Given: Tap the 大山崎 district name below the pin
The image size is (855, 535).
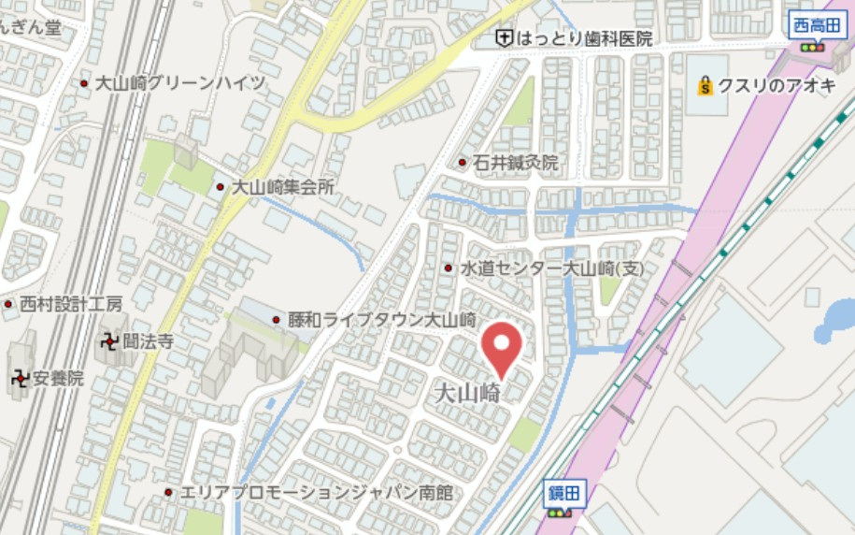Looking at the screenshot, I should tap(468, 391).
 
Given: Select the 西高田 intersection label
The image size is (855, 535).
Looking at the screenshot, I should tap(812, 25).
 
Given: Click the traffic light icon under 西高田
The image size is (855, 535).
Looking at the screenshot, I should tap(812, 47).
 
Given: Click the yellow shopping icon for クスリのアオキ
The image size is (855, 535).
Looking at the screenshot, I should tap(705, 87).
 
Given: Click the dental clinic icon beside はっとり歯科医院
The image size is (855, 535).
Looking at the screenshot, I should tap(504, 38).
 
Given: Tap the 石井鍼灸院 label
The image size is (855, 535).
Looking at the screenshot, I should tap(515, 163).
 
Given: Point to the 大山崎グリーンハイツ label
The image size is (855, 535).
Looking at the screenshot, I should tap(180, 83).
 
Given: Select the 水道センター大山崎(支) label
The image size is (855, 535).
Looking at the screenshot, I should tap(551, 268).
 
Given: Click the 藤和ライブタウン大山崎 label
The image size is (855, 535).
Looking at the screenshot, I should tap(382, 319).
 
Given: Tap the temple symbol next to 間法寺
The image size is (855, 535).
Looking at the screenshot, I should tap(110, 342).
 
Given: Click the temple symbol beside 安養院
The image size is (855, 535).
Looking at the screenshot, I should tap(19, 379).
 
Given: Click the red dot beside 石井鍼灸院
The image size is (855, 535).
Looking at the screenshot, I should tap(462, 163).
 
